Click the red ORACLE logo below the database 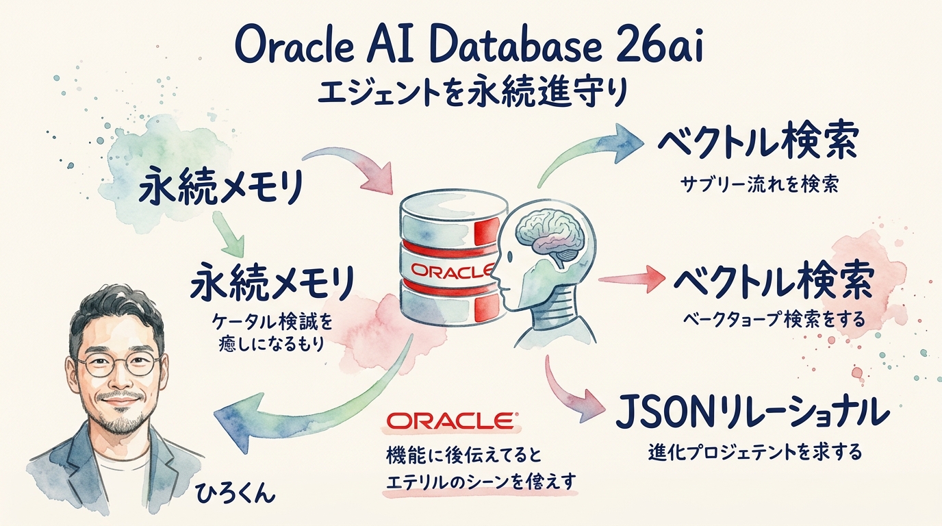pyautogui.click(x=452, y=421)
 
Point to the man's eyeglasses pyautogui.click(x=119, y=364)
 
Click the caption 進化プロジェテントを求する pyautogui.click(x=754, y=453)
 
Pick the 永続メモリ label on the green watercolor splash pyautogui.click(x=219, y=188)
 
